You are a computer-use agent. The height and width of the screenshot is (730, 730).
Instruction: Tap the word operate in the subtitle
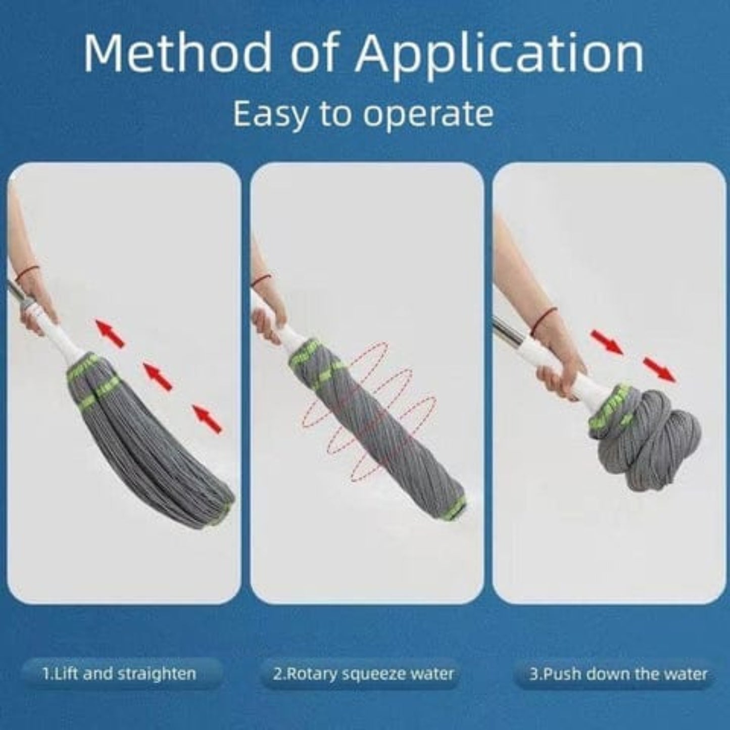pyautogui.click(x=428, y=114)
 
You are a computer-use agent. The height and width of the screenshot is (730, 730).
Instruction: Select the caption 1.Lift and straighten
pyautogui.click(x=119, y=673)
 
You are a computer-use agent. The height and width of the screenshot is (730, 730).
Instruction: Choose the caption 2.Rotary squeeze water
pyautogui.click(x=363, y=673)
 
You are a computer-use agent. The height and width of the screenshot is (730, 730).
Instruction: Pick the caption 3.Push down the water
pyautogui.click(x=618, y=673)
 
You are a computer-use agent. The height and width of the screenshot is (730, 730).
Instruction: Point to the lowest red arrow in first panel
pyautogui.click(x=208, y=419)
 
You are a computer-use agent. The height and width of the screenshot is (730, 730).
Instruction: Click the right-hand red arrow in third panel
pyautogui.click(x=659, y=370)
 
